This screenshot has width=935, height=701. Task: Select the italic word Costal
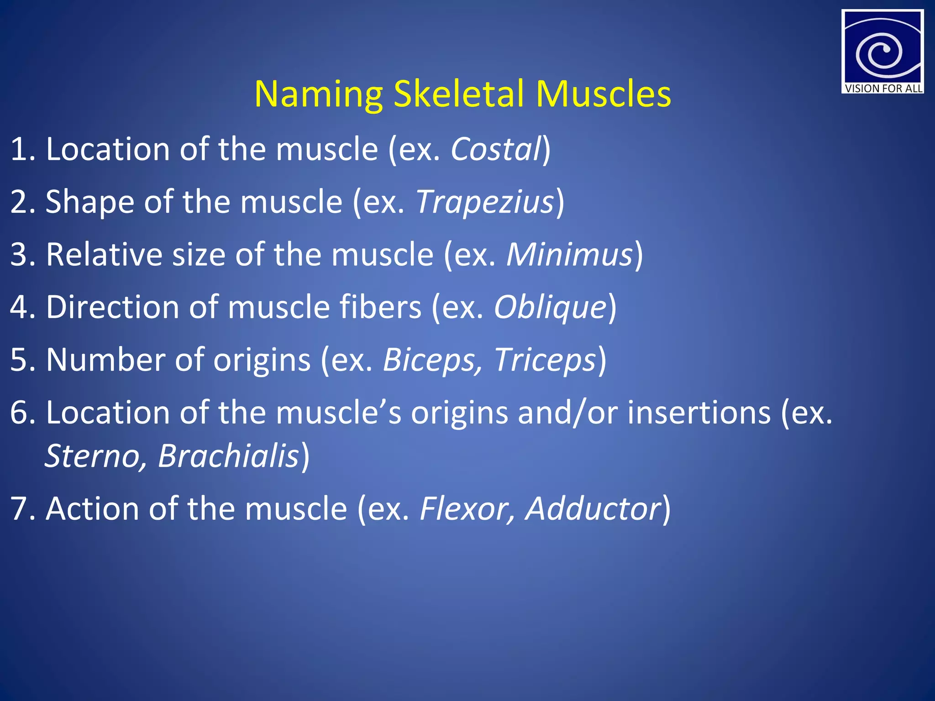496,149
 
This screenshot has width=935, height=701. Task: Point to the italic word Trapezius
485,202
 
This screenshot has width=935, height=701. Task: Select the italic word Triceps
545,360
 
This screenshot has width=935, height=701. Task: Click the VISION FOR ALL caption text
883,89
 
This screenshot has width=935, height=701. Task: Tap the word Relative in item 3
104,254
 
